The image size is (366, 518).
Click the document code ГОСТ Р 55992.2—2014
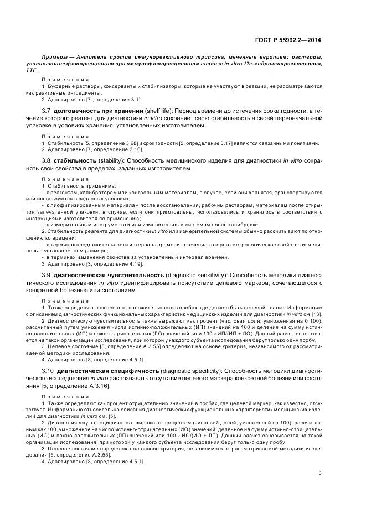293,40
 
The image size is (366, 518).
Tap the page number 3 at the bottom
321,473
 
